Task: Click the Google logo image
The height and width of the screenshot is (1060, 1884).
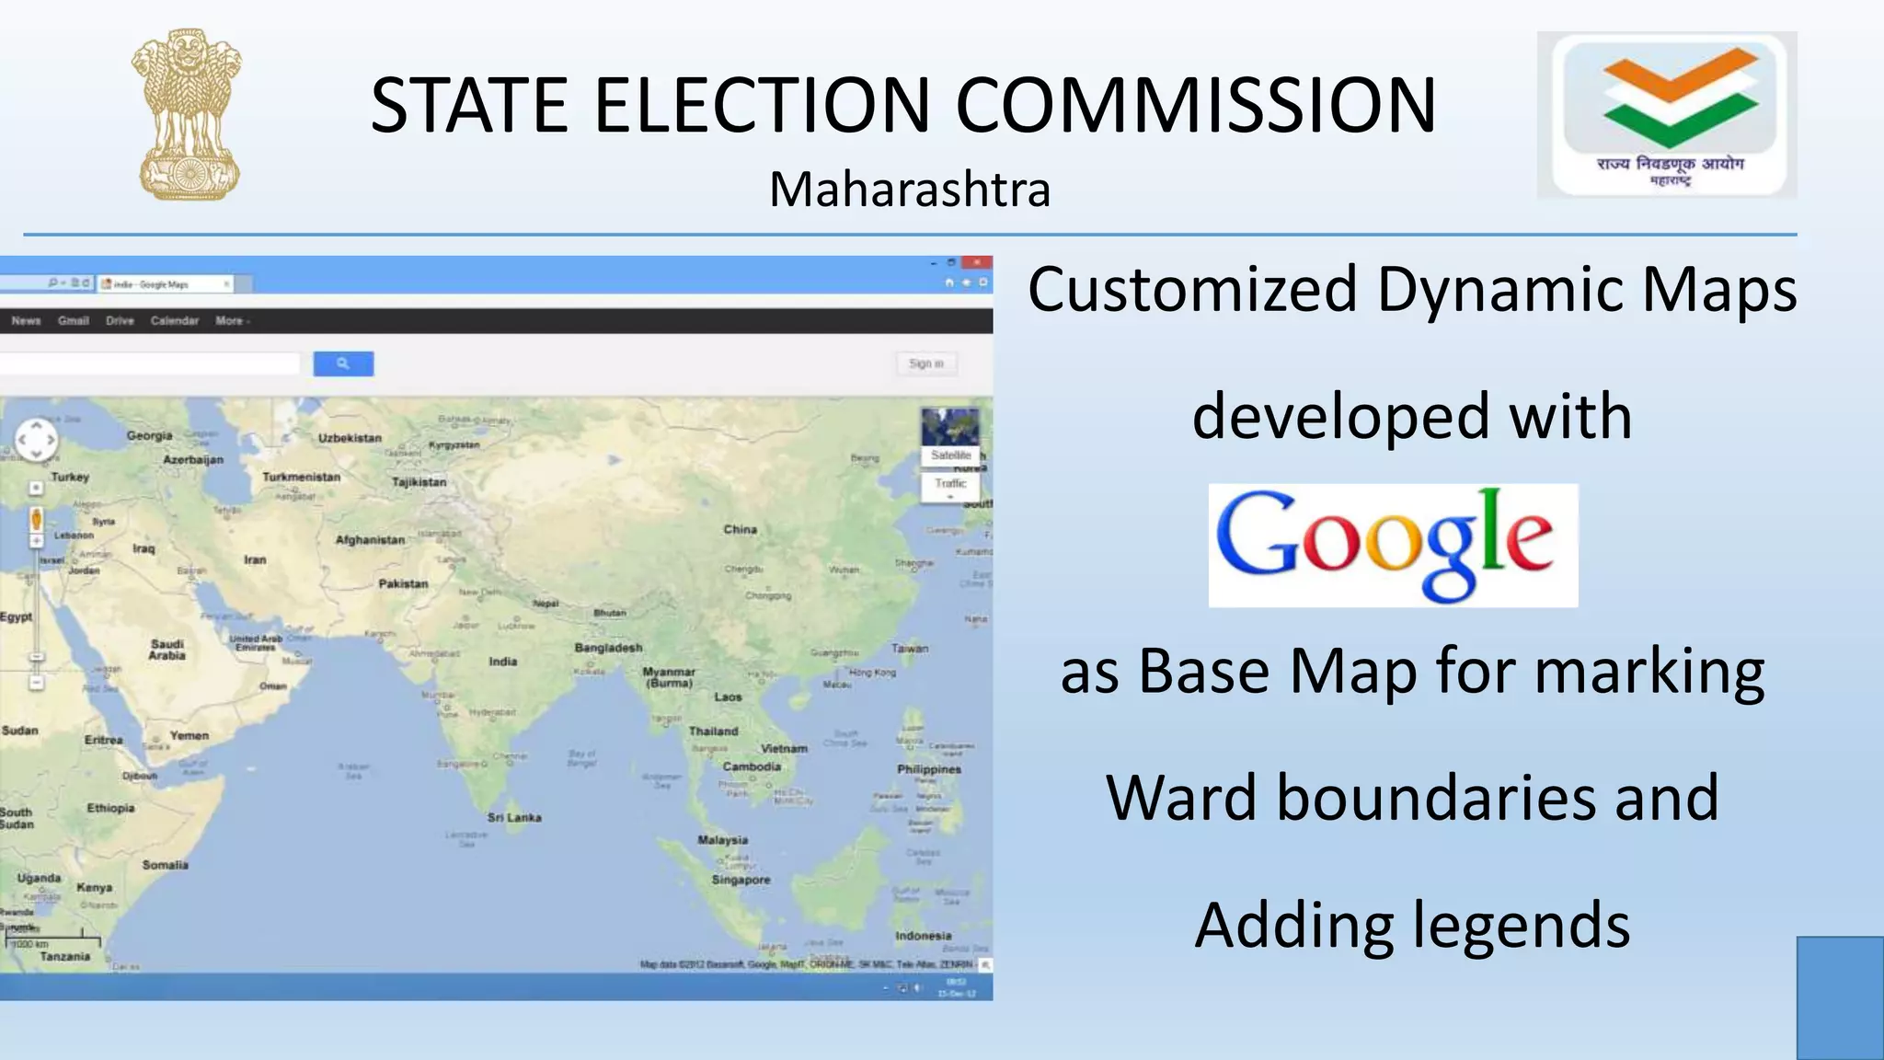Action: (1393, 545)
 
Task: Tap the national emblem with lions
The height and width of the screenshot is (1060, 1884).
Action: (187, 114)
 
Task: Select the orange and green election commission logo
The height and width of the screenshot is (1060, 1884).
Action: (1666, 114)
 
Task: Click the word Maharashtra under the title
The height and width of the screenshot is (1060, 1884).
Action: (910, 190)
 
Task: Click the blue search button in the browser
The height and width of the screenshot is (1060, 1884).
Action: (343, 363)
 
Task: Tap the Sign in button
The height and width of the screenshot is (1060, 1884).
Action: (926, 363)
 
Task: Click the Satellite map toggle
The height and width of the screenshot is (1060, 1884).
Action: (950, 455)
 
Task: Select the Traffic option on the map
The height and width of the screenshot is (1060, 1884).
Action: (950, 483)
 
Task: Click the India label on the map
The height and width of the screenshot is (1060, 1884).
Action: (502, 662)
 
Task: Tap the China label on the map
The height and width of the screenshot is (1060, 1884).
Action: (740, 529)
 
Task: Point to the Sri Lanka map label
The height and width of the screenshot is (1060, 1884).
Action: (514, 817)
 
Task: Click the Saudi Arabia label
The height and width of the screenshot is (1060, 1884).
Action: (167, 650)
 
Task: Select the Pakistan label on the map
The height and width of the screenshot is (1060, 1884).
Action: (403, 583)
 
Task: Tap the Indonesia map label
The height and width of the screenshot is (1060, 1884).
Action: (923, 936)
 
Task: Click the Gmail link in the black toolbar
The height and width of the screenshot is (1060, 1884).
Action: (73, 321)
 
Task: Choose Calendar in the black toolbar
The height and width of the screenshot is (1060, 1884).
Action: (175, 321)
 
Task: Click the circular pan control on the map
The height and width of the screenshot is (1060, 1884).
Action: (37, 440)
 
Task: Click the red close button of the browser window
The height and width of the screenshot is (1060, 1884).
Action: (976, 263)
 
